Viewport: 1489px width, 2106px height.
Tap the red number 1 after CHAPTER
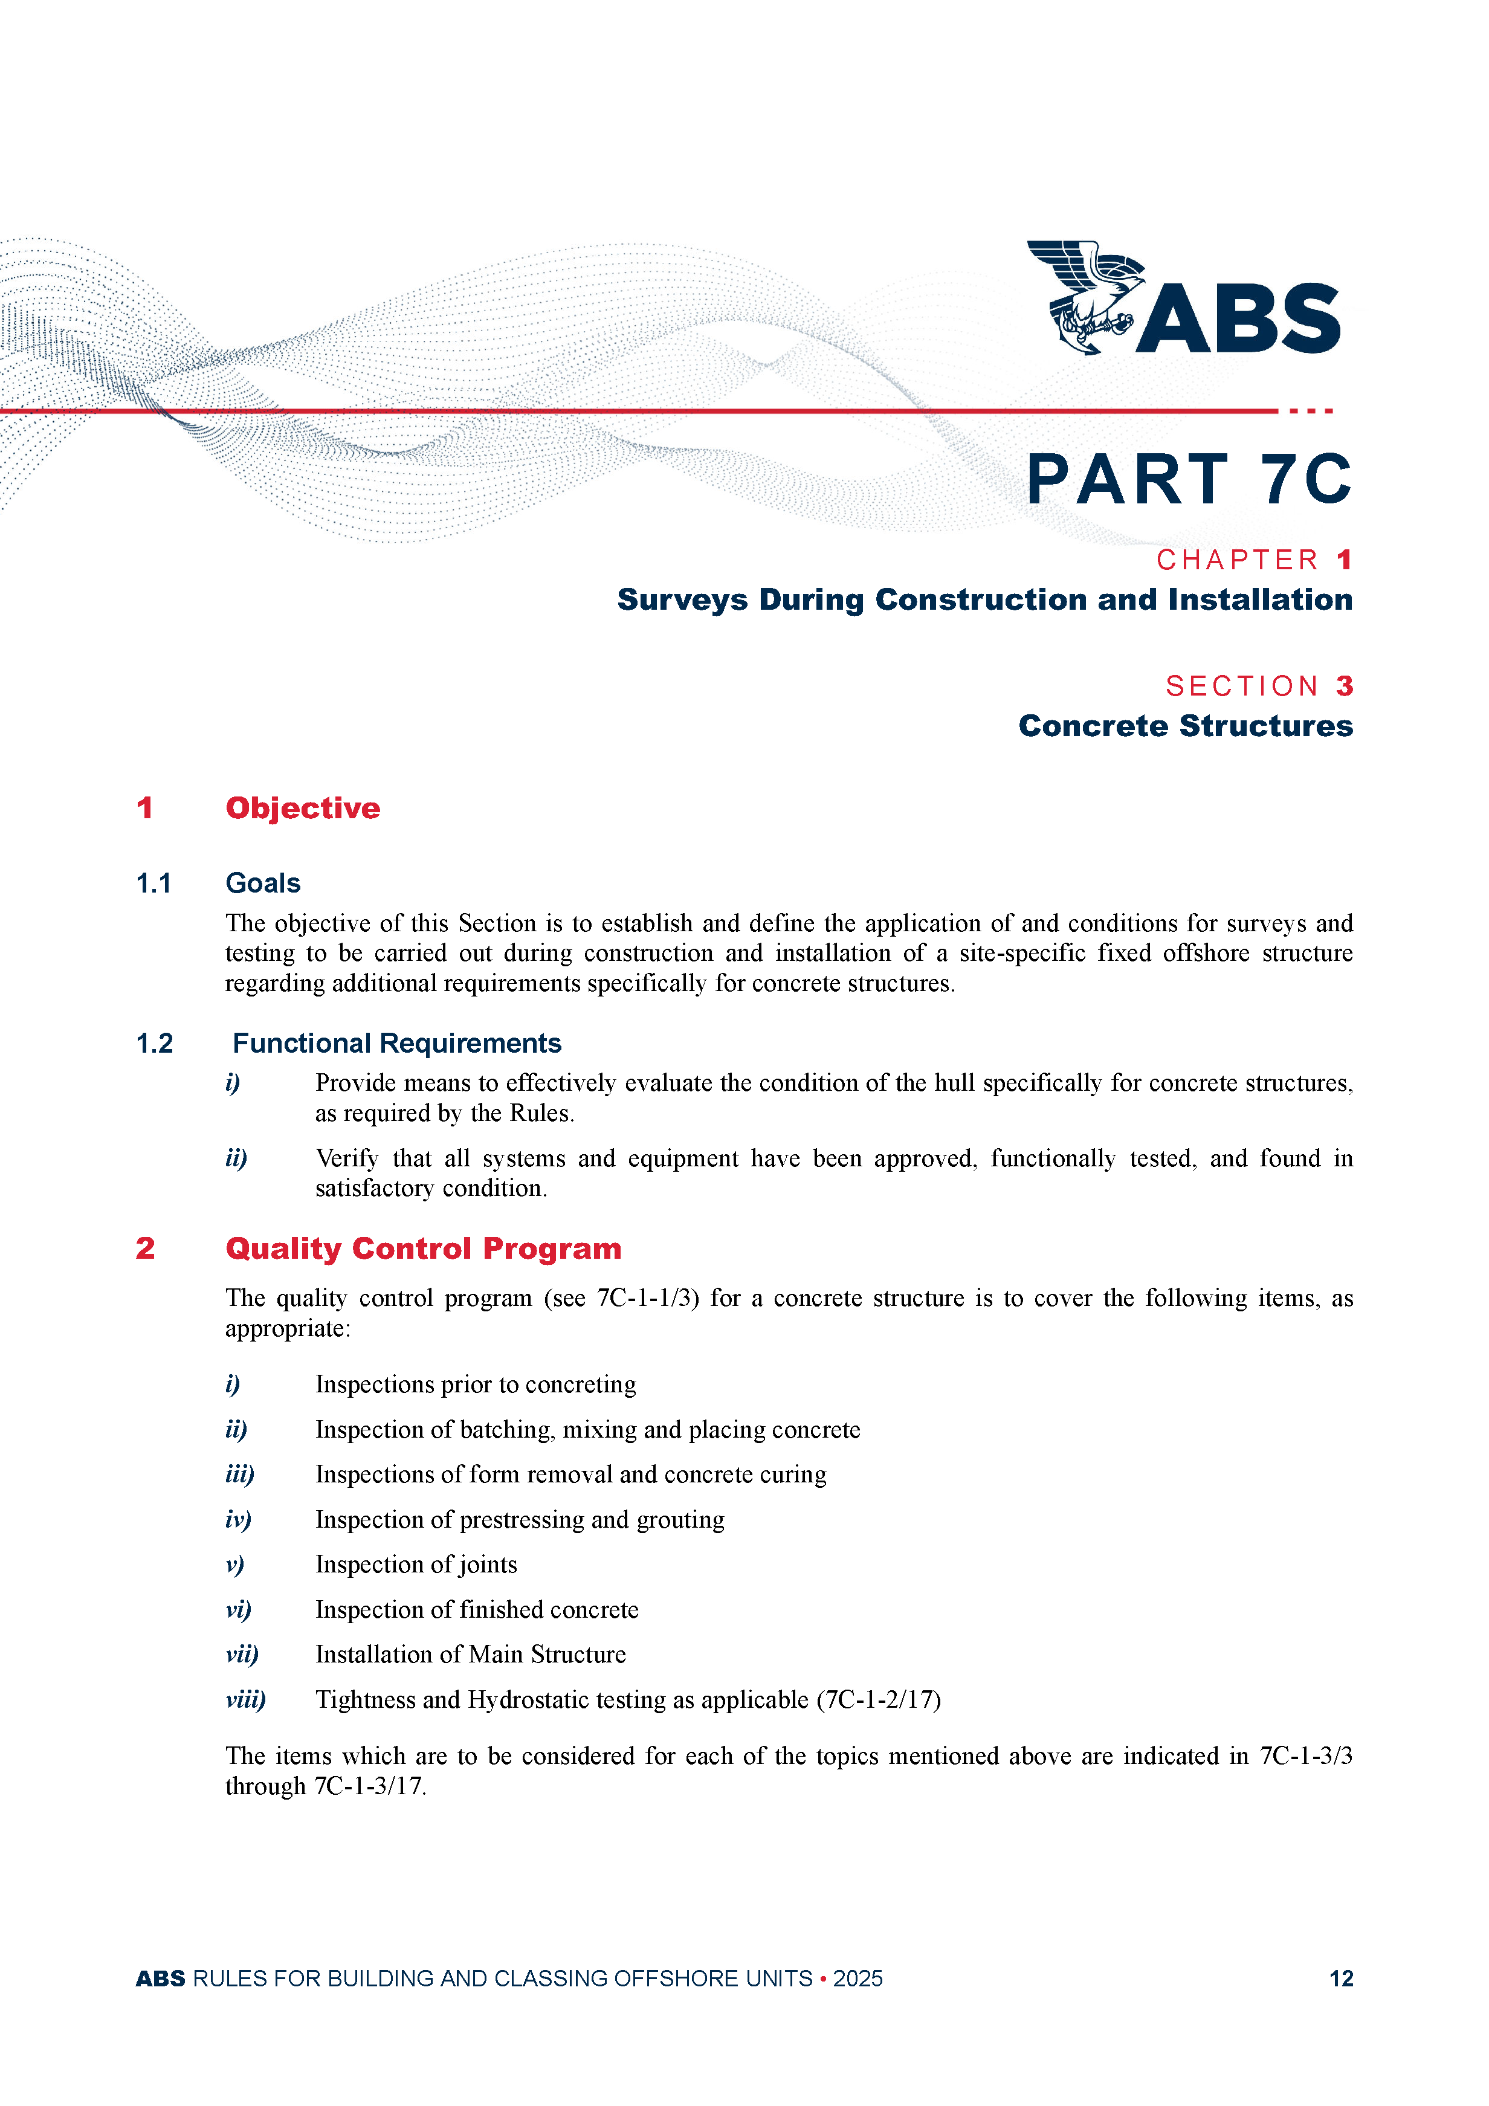[x=1344, y=560]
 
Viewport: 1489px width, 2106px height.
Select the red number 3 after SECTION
[x=1344, y=686]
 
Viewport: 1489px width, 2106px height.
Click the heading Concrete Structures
[x=1185, y=726]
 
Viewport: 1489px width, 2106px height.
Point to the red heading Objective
[x=303, y=808]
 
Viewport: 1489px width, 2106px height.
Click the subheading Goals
[x=263, y=883]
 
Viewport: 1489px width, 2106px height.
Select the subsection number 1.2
[x=154, y=1044]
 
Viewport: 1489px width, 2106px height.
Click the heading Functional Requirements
[x=396, y=1044]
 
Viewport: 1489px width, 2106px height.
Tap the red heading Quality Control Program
[x=423, y=1248]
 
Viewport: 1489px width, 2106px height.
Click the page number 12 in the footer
[x=1340, y=1978]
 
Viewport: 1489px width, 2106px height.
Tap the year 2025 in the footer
[x=858, y=1978]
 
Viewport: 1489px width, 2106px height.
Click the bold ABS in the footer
[x=161, y=1978]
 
